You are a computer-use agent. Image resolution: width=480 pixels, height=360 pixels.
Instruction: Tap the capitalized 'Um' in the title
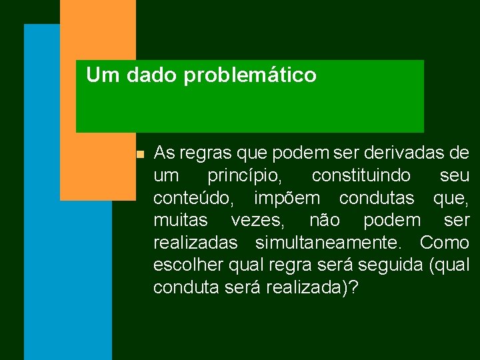click(x=103, y=75)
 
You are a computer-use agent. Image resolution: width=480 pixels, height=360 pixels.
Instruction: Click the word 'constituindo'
click(x=356, y=176)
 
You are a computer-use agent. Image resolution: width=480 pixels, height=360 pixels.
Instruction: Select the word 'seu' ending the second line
click(x=454, y=176)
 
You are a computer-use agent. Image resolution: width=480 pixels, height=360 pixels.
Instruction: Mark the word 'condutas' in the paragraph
click(x=378, y=198)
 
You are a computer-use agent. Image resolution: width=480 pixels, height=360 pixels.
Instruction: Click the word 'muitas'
click(x=180, y=220)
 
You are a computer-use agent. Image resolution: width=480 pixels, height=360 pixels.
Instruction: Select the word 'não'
click(x=325, y=220)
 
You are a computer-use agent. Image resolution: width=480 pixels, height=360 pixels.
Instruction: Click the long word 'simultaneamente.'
click(x=335, y=242)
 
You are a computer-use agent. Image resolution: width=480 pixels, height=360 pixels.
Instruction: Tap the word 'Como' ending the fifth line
click(x=444, y=242)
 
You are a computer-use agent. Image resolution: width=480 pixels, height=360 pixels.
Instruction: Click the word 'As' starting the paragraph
click(x=163, y=153)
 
